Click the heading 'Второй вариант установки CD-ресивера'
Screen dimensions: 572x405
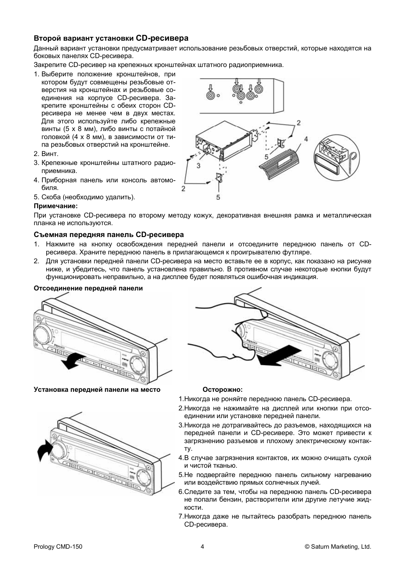(111, 38)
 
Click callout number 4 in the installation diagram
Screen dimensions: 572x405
(306, 139)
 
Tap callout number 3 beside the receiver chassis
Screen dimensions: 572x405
(198, 166)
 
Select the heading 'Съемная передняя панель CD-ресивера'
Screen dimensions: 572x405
(109, 234)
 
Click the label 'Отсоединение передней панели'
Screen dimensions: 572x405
(88, 288)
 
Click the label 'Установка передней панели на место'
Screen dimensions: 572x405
(97, 390)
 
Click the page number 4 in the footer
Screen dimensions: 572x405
(202, 547)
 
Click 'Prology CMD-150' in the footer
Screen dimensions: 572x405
(58, 547)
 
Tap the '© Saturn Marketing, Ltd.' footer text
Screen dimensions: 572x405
(338, 547)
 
